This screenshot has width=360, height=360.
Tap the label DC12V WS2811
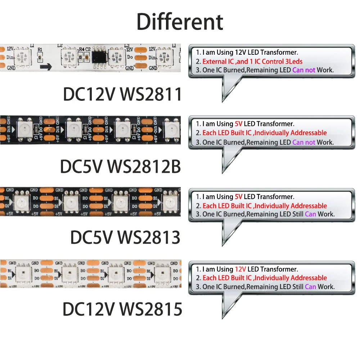122,94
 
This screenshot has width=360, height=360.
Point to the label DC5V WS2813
125,238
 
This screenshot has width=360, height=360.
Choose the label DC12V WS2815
122,309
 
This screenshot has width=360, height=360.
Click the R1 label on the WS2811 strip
40,50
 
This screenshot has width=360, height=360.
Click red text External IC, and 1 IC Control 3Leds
252,61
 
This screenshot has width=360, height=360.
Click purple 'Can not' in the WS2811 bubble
304,70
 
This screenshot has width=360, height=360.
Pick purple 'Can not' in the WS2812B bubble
304,142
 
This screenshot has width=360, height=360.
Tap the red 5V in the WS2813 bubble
239,197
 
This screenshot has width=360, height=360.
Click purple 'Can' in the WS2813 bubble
310,214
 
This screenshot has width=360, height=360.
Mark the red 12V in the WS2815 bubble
240,269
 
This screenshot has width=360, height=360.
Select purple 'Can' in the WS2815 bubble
310,287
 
